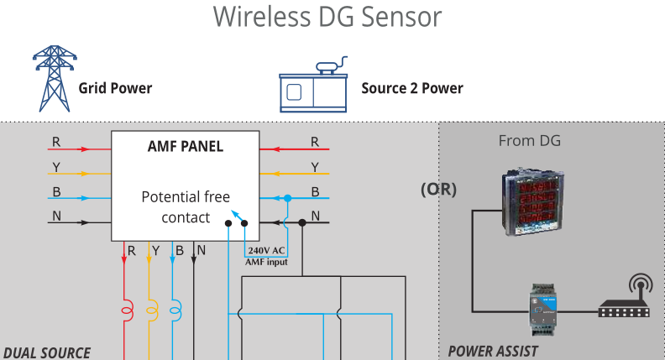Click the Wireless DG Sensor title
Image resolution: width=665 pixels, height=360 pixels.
coord(327,17)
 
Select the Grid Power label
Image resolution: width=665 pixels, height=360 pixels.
coord(115,88)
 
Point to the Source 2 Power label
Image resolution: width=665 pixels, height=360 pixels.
coord(411,88)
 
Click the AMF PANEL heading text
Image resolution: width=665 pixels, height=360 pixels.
coord(185,146)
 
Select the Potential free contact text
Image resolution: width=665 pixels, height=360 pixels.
coord(185,207)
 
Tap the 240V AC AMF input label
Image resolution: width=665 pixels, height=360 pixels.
coord(266,257)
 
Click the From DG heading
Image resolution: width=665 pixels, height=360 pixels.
coord(529,141)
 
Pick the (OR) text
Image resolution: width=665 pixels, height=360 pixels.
coord(438,190)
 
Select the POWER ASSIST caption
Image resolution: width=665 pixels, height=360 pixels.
coord(493,352)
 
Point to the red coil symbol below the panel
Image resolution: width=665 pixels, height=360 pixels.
coord(127,310)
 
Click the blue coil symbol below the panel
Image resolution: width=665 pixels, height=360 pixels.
coord(175,310)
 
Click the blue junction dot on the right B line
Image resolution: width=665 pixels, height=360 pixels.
coord(287,198)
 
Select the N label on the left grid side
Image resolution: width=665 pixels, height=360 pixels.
coord(56,216)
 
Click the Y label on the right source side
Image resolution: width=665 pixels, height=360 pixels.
coord(315,166)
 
